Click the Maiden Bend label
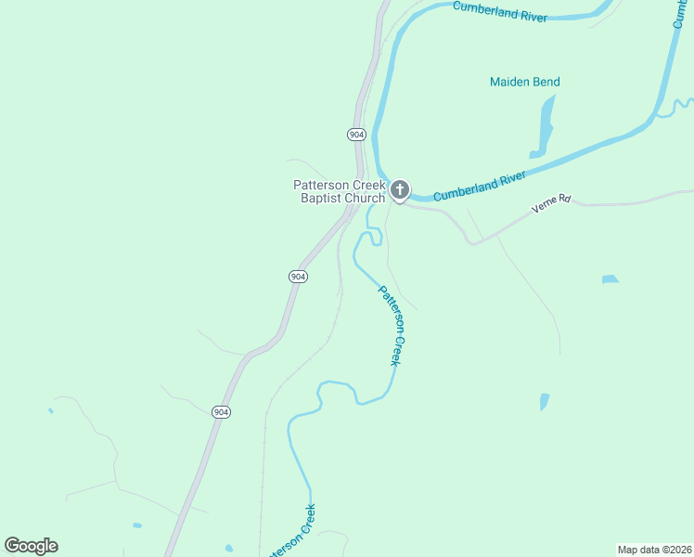tap(524, 82)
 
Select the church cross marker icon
tap(399, 191)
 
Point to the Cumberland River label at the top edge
tap(500, 11)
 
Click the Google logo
tap(31, 546)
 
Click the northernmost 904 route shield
tap(357, 135)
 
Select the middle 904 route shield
tap(297, 277)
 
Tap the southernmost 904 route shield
tap(220, 412)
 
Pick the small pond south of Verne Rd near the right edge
tap(610, 278)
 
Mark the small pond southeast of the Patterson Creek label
tap(545, 402)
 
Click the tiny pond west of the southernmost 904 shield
tap(50, 410)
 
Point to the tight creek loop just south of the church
tap(372, 236)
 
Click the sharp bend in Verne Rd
tap(473, 243)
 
